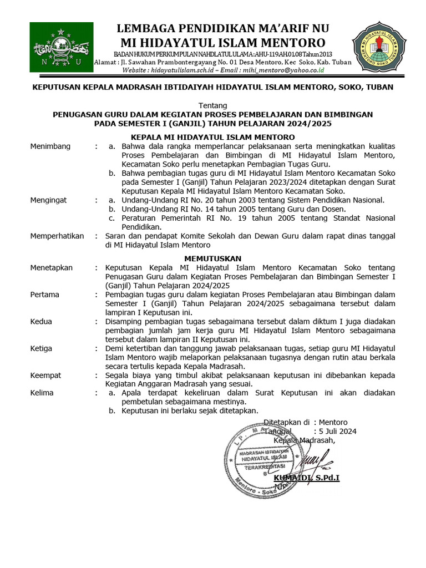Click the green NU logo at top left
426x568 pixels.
click(x=61, y=47)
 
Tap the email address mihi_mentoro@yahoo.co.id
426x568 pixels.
click(x=283, y=70)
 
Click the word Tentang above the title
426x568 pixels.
click(x=212, y=105)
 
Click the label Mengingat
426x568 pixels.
click(x=49, y=200)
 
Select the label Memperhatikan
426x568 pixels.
click(x=57, y=236)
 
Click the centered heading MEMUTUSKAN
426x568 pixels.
click(x=213, y=258)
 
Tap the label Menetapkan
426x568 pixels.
click(x=52, y=267)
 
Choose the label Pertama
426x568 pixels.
click(x=45, y=294)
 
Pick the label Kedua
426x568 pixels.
click(x=42, y=321)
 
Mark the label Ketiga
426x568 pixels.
click(x=42, y=348)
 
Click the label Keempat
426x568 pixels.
click(x=46, y=375)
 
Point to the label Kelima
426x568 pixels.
click(x=42, y=393)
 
